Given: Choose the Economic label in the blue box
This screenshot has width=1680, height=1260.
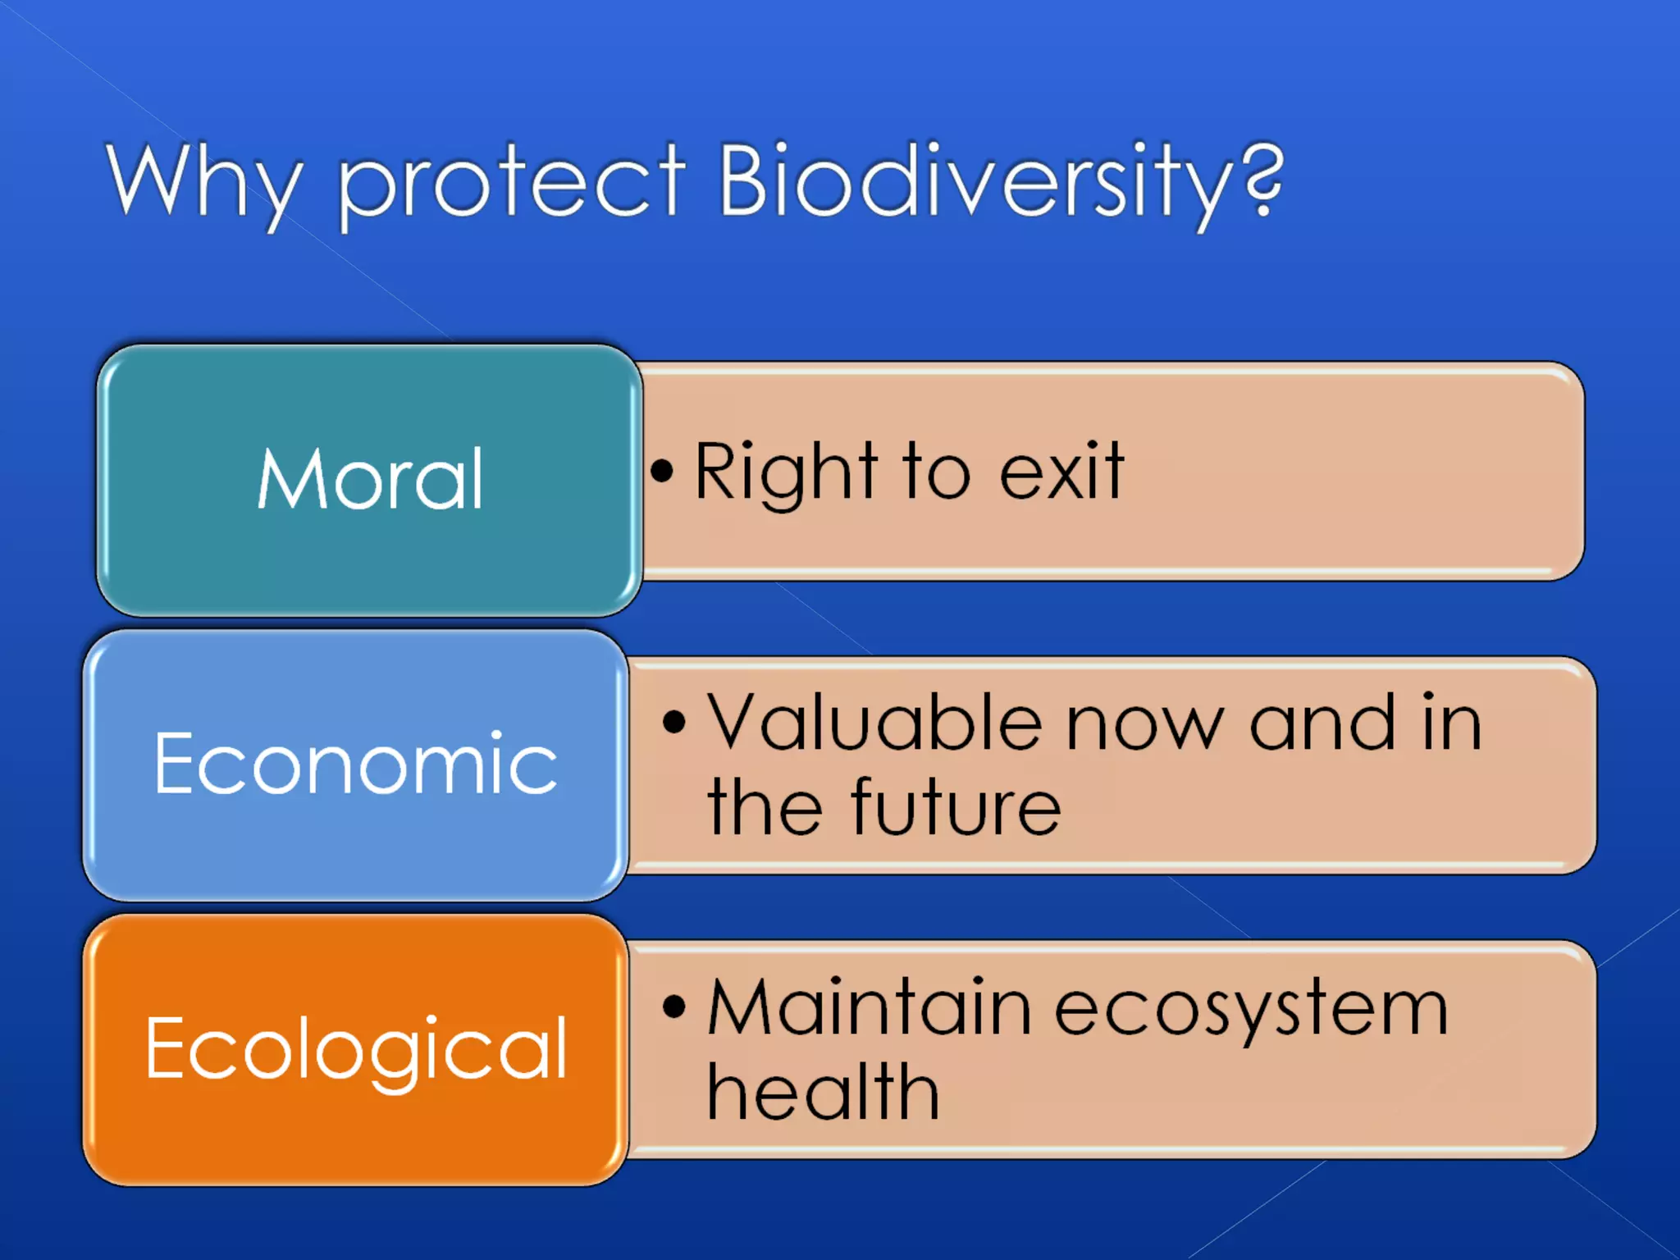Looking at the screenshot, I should (356, 765).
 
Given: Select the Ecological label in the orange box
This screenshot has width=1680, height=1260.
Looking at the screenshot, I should (356, 1050).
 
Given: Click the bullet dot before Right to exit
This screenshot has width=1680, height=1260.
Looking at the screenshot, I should (661, 471).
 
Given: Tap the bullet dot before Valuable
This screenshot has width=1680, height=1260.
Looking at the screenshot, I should (673, 723).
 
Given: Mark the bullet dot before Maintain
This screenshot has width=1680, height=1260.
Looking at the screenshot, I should (673, 1007).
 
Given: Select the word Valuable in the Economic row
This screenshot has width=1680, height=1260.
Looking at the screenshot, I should (874, 723).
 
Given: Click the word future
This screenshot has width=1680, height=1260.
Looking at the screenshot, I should (956, 808).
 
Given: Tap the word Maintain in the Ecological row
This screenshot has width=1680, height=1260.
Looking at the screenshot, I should (870, 1008).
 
